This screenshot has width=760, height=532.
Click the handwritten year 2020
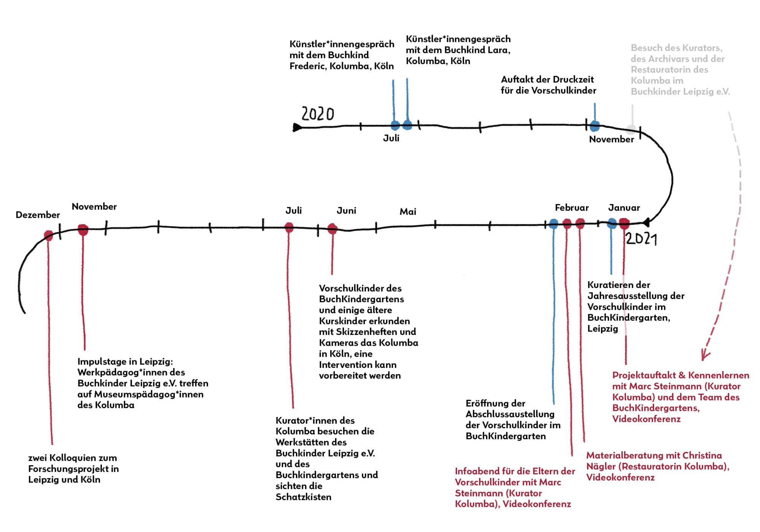(x=318, y=114)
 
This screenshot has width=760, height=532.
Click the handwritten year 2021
(x=641, y=239)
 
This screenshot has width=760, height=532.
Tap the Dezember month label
(x=38, y=215)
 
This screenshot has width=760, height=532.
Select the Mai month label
(x=408, y=212)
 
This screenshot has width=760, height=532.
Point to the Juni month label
(x=346, y=211)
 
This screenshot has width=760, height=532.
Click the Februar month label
(x=572, y=208)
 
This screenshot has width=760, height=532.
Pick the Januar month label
(x=624, y=208)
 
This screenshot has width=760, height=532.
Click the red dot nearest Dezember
(x=48, y=235)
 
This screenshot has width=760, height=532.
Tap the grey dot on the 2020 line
(x=631, y=129)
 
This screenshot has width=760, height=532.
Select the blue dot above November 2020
(x=595, y=125)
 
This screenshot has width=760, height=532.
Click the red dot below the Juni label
(x=332, y=228)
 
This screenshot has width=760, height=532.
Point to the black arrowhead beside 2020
(x=297, y=127)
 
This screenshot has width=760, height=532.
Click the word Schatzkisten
(x=303, y=497)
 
